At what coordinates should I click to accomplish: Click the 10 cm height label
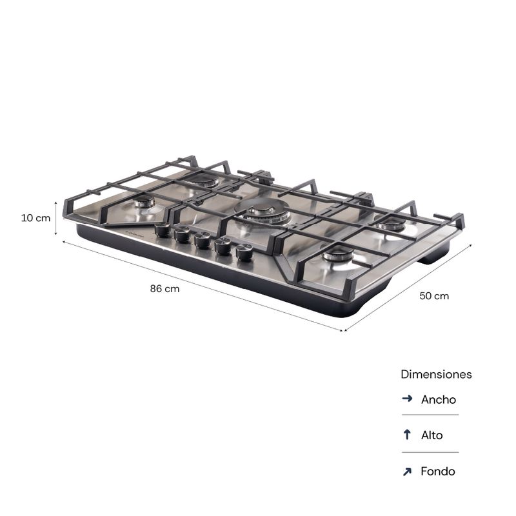point(35,218)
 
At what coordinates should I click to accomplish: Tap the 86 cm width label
point(165,288)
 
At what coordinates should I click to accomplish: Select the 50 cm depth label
point(434,296)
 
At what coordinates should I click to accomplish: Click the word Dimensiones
point(436,374)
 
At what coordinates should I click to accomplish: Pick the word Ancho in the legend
point(439,399)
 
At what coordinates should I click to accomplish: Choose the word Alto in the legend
point(432,435)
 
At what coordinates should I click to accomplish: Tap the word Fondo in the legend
point(438,471)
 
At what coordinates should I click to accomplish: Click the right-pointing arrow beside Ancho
point(407,399)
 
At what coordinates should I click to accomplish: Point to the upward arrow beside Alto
point(407,434)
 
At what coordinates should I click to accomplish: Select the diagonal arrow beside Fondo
point(407,471)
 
